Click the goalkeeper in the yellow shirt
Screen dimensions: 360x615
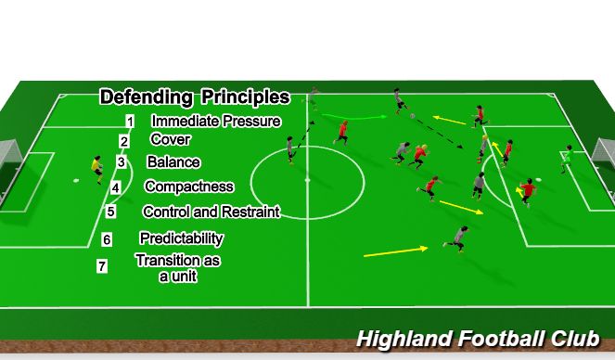tap(96, 169)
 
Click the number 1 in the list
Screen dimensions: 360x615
tap(131, 122)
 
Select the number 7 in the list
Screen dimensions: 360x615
tap(102, 266)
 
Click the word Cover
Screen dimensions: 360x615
tap(170, 140)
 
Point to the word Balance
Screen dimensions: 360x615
tap(172, 161)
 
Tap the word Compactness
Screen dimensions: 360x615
tap(189, 186)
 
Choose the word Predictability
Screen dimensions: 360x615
tap(182, 238)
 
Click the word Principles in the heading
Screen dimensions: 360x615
tap(243, 96)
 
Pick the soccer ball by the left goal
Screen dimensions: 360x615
tap(76, 179)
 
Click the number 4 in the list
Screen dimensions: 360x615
tap(115, 187)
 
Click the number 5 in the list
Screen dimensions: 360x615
tap(111, 212)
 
